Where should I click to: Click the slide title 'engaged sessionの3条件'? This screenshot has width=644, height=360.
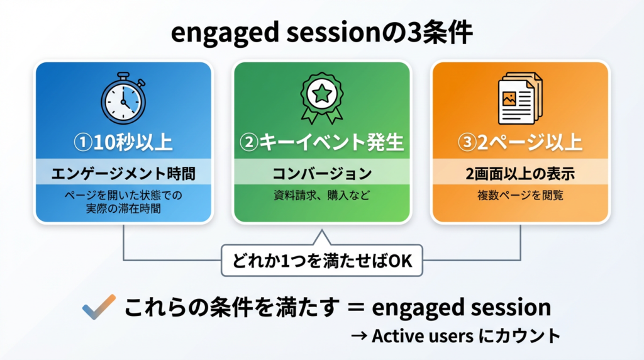pos(321,35)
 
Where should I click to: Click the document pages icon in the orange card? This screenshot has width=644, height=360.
pos(519,99)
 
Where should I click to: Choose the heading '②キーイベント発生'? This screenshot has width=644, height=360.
pos(321,142)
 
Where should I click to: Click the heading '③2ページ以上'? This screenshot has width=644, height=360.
pos(519,142)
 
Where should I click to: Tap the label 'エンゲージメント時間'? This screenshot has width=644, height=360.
pos(123,172)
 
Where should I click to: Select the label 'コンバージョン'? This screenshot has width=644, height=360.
pos(321,172)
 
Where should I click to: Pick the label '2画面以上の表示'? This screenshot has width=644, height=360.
pos(519,172)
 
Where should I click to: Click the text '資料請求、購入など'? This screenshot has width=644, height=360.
pos(321,196)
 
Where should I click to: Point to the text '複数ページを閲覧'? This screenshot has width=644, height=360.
pos(519,196)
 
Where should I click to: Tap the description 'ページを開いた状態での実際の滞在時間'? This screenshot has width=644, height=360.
pos(123,202)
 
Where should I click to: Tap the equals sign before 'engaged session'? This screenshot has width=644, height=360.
pos(355,308)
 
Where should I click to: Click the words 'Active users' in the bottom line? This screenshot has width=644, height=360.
pos(422,336)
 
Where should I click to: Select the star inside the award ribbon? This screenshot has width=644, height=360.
pos(321,94)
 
